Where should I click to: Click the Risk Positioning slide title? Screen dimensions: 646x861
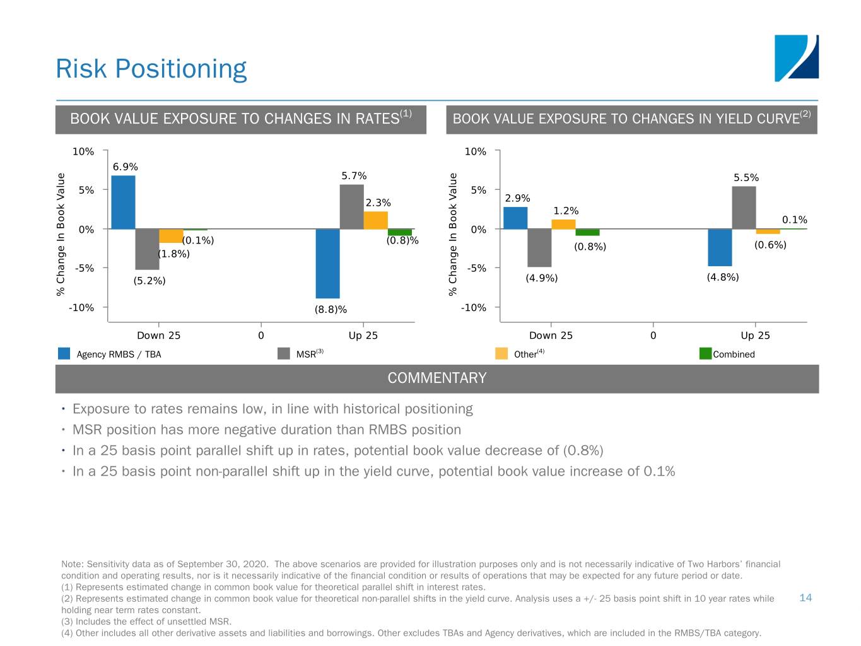click(151, 69)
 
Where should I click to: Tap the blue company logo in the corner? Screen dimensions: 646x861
click(796, 58)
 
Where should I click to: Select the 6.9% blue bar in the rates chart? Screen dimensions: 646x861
click(123, 202)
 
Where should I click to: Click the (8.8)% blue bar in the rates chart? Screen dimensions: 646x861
click(327, 263)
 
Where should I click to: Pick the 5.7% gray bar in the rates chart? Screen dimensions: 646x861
click(351, 206)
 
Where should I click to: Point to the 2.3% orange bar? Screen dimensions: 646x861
click(375, 220)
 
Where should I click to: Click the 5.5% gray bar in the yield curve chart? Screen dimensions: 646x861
click(744, 208)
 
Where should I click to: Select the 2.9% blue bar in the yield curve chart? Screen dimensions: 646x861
click(515, 218)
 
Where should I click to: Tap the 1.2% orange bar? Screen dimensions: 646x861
click(563, 224)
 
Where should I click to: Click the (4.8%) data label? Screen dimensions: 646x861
click(722, 277)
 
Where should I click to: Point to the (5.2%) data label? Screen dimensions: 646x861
click(149, 281)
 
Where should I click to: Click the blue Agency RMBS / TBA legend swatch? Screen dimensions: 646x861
click(64, 353)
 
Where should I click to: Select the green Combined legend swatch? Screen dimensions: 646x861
click(705, 353)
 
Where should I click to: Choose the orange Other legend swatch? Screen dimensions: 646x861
click(501, 353)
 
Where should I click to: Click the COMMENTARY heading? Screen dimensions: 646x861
click(436, 378)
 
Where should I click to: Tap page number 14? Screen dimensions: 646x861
click(805, 597)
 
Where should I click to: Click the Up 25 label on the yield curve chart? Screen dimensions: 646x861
click(755, 335)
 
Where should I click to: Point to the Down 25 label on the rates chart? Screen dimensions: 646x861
click(158, 335)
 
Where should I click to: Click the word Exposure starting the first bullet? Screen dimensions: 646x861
click(100, 409)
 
